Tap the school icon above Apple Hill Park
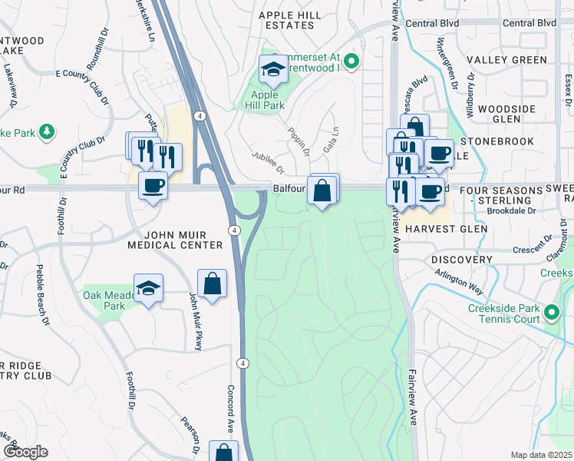272,71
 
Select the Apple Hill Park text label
264,101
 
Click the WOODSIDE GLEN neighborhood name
506,114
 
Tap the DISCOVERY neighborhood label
462,260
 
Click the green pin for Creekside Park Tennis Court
553,313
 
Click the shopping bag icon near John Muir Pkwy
212,284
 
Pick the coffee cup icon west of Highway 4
153,186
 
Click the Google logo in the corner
25,452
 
